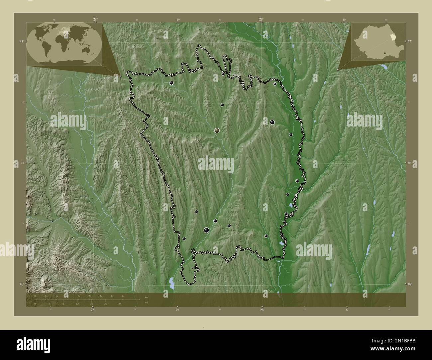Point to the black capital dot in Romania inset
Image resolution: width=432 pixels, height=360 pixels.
pos(384,52)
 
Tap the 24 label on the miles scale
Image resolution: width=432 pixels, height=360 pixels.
pos(120,304)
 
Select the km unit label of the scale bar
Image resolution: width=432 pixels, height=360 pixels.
pos(146,297)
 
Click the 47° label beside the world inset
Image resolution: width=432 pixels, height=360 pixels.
pos(21,42)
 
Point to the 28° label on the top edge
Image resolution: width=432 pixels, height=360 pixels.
pos(262,19)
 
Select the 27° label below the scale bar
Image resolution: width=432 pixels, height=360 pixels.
pos(92,310)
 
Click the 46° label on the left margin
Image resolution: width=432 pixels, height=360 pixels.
pos(21,284)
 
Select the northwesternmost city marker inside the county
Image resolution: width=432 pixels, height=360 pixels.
pos(171,83)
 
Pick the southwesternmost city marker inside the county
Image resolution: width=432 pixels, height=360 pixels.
pos(184,239)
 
